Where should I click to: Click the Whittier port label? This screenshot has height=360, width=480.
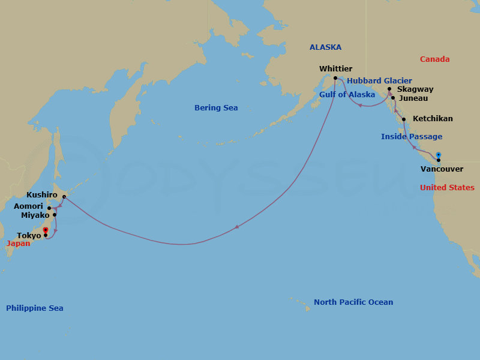click(x=335, y=69)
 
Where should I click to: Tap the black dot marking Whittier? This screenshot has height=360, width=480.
click(x=335, y=78)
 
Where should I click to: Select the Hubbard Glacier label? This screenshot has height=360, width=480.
click(x=379, y=80)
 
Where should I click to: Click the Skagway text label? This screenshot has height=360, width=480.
click(x=415, y=89)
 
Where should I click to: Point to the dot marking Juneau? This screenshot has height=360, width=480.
click(x=393, y=98)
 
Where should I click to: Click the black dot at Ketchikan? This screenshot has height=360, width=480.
click(x=404, y=119)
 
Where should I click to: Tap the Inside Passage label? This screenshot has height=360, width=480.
click(x=412, y=137)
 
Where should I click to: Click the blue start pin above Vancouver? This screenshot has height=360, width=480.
click(x=439, y=154)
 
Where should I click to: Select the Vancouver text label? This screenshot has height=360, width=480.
click(x=442, y=169)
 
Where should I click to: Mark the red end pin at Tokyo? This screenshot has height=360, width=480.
click(x=46, y=230)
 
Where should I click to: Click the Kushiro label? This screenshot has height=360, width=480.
click(x=42, y=195)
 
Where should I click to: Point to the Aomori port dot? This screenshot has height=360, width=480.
click(x=49, y=208)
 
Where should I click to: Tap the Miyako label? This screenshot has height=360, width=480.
click(x=35, y=215)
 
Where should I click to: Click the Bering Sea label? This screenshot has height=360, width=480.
click(x=216, y=108)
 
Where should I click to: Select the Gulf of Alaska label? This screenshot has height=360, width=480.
click(x=347, y=95)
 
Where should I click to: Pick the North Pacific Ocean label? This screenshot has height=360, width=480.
click(x=353, y=302)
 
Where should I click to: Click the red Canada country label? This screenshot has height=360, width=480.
click(x=434, y=59)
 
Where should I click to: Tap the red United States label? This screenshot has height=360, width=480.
click(x=447, y=188)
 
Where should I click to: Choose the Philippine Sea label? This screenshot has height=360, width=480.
click(x=34, y=308)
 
